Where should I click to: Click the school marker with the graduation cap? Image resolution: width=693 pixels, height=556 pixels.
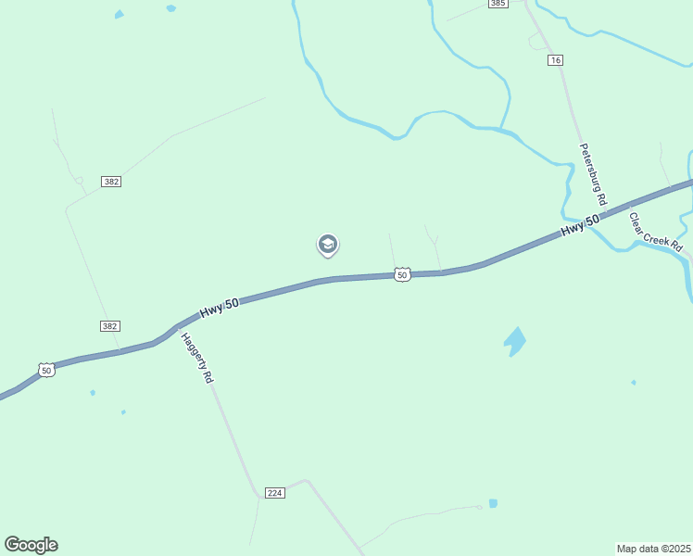(x=327, y=244)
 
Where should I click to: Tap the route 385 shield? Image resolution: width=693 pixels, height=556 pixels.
(x=498, y=4)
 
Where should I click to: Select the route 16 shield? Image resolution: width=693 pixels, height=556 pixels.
(x=555, y=60)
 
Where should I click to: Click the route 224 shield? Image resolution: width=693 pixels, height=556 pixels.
(x=274, y=492)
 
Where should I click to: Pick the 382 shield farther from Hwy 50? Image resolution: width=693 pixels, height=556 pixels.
(x=112, y=181)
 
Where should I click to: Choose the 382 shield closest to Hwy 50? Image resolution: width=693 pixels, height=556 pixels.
(x=110, y=326)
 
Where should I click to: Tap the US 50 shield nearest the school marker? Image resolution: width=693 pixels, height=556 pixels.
(x=401, y=274)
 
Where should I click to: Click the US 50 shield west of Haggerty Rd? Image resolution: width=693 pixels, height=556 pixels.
(x=46, y=370)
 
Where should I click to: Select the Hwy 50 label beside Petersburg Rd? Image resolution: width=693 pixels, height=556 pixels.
(x=581, y=223)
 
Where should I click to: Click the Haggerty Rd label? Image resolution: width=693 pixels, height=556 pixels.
(x=196, y=359)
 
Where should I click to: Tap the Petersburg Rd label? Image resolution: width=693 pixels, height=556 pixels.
(x=593, y=174)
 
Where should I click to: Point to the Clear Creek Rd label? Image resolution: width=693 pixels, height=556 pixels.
(x=655, y=233)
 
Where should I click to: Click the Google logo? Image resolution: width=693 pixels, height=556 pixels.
(x=31, y=545)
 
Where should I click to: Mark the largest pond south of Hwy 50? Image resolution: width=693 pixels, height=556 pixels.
(x=514, y=341)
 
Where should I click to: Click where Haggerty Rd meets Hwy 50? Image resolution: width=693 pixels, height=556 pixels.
(x=175, y=328)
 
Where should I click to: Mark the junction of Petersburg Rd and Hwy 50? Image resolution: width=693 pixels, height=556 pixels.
(x=607, y=209)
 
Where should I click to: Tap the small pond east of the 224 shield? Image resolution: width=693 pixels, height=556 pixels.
(x=493, y=503)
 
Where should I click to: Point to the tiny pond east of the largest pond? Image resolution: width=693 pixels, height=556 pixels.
(x=634, y=382)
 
